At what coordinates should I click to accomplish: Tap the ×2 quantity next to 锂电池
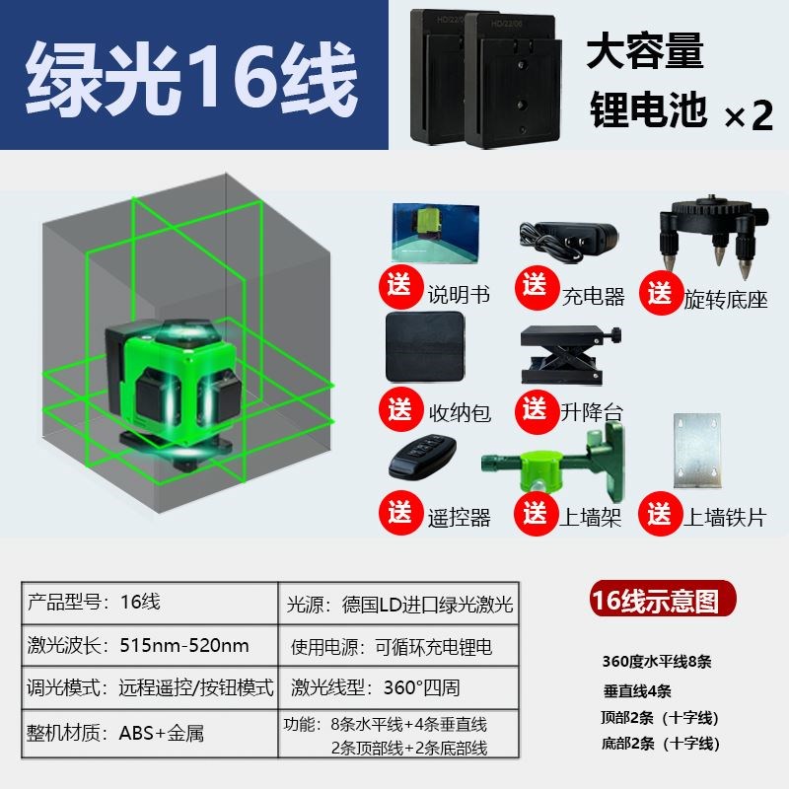pyautogui.click(x=749, y=116)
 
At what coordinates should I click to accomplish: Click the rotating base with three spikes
pyautogui.click(x=707, y=233)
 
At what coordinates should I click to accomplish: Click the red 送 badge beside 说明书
pyautogui.click(x=399, y=288)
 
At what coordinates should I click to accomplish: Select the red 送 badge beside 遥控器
pyautogui.click(x=399, y=513)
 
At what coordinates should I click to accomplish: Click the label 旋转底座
pyautogui.click(x=725, y=299)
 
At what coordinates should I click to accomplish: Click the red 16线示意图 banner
pyautogui.click(x=655, y=600)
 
